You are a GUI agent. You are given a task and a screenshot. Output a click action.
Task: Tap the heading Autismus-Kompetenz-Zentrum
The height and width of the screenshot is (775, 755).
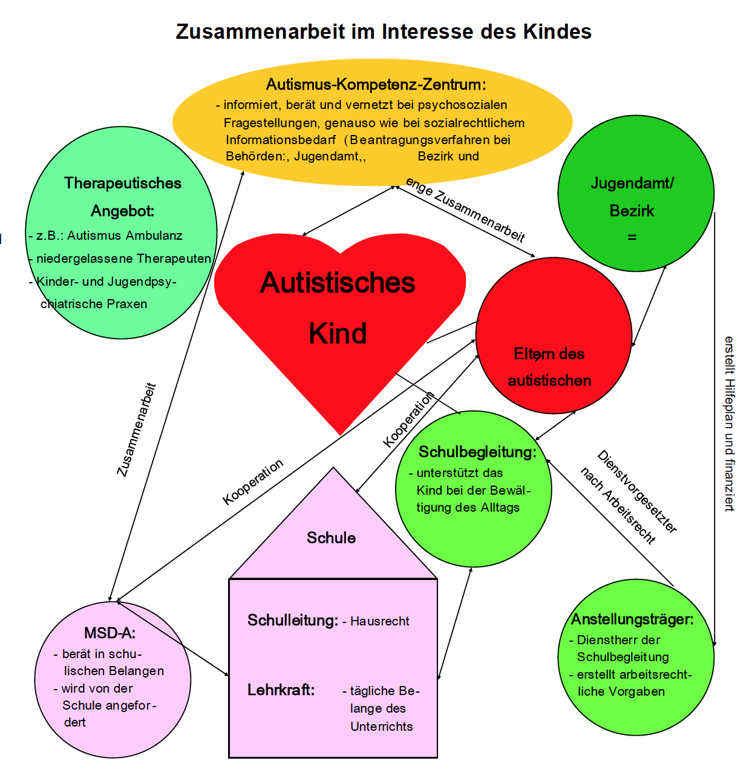(x=376, y=84)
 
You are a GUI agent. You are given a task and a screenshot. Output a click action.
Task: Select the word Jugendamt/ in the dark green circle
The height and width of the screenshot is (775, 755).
(x=632, y=183)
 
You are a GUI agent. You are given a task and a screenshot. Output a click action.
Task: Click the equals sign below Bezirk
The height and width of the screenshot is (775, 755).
(x=632, y=237)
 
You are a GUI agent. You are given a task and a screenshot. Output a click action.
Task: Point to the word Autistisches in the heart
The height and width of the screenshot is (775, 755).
(x=338, y=283)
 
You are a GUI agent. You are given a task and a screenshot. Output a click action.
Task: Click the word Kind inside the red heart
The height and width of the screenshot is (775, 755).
(x=338, y=334)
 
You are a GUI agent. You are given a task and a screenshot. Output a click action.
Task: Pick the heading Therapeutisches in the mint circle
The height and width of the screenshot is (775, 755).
(x=123, y=183)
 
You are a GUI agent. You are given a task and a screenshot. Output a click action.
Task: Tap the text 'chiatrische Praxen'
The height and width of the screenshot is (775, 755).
(x=94, y=304)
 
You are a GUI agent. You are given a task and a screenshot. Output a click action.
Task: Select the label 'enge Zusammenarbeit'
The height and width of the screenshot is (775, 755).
(x=465, y=210)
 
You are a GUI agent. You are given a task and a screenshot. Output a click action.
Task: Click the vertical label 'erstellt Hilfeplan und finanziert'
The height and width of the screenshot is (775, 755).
(x=729, y=424)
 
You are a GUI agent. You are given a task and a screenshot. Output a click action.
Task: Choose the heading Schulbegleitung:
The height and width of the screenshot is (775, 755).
(x=477, y=452)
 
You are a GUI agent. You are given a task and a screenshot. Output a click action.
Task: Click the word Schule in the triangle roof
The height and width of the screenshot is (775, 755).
(x=331, y=538)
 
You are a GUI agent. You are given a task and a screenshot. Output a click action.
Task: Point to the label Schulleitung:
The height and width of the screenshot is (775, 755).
(x=293, y=620)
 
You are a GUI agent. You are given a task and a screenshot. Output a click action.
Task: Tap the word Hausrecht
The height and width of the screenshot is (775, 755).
(x=380, y=621)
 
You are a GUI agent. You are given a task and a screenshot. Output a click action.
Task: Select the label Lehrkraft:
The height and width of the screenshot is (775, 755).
(x=281, y=690)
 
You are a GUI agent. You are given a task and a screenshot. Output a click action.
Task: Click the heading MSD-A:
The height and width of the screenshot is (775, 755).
(x=110, y=633)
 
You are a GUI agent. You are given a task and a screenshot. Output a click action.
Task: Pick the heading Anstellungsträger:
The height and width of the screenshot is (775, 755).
(x=632, y=619)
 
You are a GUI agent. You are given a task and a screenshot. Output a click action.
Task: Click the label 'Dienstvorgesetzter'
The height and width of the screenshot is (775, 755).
(x=637, y=492)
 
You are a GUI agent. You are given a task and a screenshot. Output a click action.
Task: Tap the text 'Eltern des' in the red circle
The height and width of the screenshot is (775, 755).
(x=549, y=354)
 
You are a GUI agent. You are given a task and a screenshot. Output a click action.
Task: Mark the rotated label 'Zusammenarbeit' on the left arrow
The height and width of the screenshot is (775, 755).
(x=137, y=429)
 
